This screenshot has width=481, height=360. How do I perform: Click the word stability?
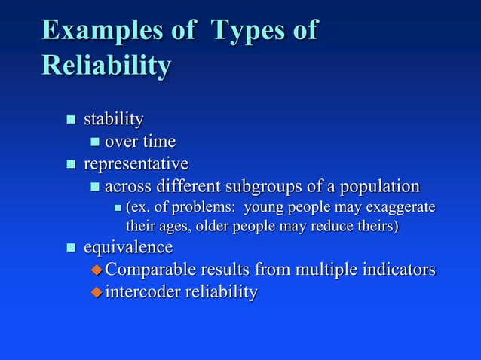coord(114,119)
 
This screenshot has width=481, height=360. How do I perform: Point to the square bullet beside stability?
coord(71,120)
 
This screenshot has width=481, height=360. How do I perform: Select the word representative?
coord(136,163)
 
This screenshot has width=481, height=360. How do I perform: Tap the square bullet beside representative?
coord(71,164)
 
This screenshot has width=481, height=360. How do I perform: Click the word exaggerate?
coord(399,206)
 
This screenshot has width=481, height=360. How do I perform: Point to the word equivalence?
coord(128,247)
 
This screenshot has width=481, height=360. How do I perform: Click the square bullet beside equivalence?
coord(71,248)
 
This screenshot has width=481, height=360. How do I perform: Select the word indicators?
coord(399,269)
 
